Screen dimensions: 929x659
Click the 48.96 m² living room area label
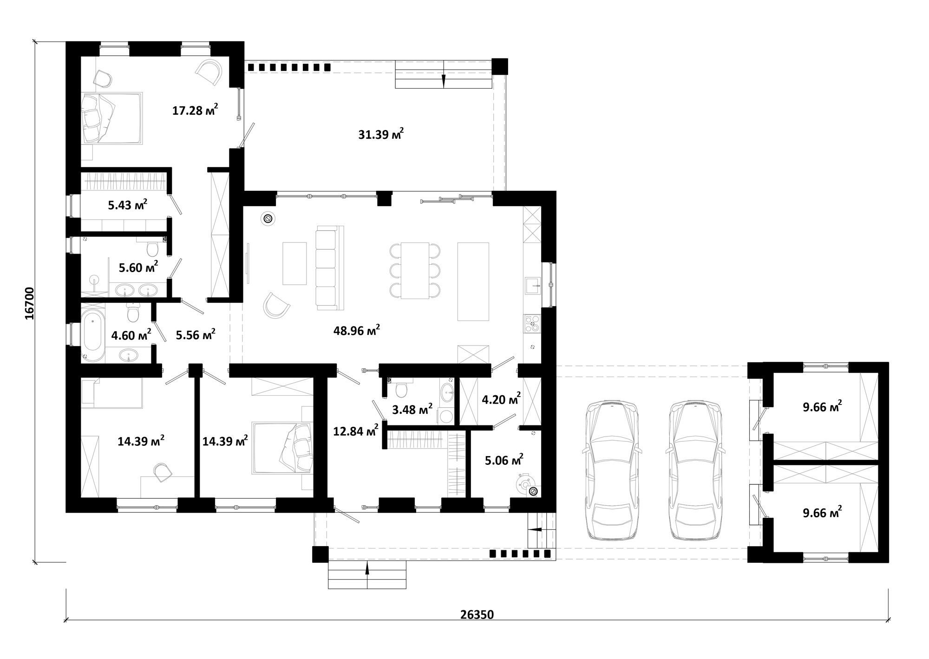[357, 330]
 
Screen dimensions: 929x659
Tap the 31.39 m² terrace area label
[381, 134]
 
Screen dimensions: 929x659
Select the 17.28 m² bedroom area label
[195, 110]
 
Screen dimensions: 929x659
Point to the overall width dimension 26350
[477, 614]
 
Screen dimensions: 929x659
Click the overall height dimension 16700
[29, 303]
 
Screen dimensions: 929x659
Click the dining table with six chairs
[415, 270]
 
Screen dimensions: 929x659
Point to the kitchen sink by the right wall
[533, 286]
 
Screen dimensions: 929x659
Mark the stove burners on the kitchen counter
[532, 323]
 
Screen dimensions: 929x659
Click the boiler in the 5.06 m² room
[526, 486]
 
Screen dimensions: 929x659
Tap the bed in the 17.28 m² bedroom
[111, 117]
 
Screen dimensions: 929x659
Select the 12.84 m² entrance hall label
[356, 431]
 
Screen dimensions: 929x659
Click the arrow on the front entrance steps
[367, 568]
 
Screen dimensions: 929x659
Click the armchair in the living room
[276, 305]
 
